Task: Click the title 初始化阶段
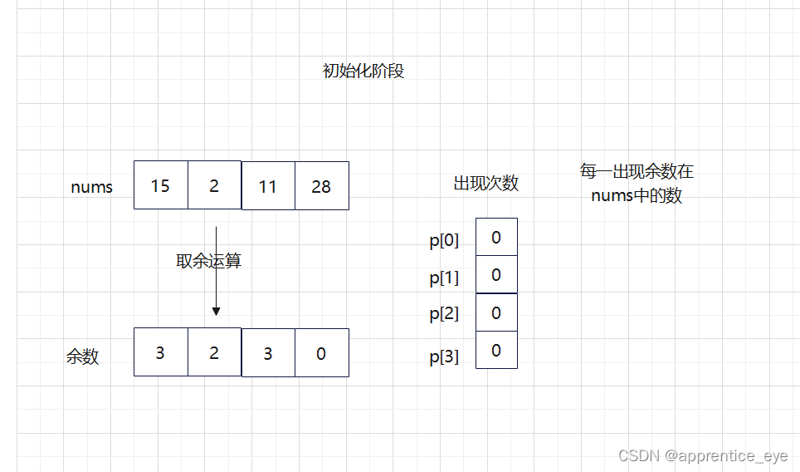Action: pyautogui.click(x=363, y=71)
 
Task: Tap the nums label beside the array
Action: pyautogui.click(x=91, y=187)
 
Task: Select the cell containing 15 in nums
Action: pyautogui.click(x=160, y=185)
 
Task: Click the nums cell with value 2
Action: pyautogui.click(x=214, y=185)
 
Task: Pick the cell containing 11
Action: pyautogui.click(x=267, y=186)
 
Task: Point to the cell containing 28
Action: pyautogui.click(x=321, y=186)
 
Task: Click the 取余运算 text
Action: pyautogui.click(x=208, y=260)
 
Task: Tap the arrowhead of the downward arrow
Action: pyautogui.click(x=216, y=311)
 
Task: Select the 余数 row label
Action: pyautogui.click(x=82, y=356)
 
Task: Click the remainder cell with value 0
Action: pyautogui.click(x=321, y=353)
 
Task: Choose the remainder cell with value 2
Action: pyautogui.click(x=214, y=353)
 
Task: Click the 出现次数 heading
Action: pyautogui.click(x=485, y=184)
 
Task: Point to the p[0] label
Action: pyautogui.click(x=444, y=241)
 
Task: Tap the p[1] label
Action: pyautogui.click(x=444, y=278)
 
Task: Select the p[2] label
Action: pyautogui.click(x=444, y=314)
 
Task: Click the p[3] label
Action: pyautogui.click(x=444, y=357)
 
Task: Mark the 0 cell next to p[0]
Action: pyautogui.click(x=496, y=238)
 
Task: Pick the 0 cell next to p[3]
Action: pyautogui.click(x=496, y=350)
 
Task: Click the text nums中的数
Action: pyautogui.click(x=637, y=197)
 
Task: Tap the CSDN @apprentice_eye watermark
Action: pyautogui.click(x=703, y=455)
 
